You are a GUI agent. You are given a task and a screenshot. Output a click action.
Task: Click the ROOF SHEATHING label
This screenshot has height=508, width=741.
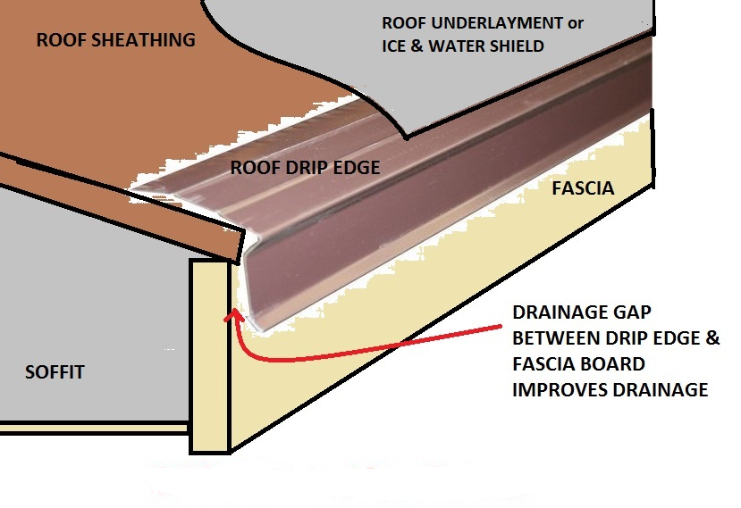116,39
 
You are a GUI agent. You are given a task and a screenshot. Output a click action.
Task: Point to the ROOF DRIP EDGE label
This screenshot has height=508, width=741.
305,168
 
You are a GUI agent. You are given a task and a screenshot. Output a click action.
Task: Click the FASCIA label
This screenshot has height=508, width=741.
583,188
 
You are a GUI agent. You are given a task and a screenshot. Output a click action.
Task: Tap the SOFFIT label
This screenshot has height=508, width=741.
55,372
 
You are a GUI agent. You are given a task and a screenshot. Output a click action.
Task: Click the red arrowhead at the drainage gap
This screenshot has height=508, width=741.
233,315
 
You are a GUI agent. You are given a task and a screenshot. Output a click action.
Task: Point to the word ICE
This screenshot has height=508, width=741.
394,46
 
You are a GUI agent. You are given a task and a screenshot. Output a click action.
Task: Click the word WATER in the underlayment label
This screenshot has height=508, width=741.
455,46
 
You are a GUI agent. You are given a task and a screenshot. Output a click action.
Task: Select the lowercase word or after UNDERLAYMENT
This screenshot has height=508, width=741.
575,23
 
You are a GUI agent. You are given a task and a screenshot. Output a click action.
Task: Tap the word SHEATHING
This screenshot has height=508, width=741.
143,39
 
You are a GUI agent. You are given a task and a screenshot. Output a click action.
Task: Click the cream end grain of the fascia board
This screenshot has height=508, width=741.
209,355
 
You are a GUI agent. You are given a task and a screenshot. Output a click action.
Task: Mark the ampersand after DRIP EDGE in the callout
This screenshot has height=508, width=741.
713,338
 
